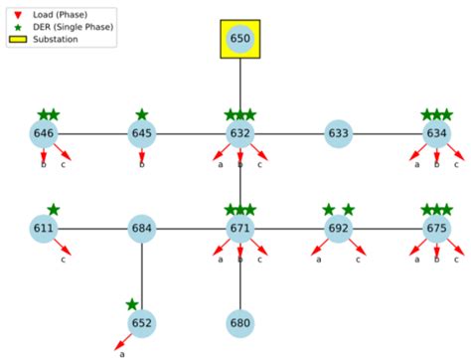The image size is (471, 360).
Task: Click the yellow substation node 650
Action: (x=240, y=39)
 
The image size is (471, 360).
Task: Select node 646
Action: (x=45, y=133)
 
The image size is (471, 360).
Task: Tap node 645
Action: (x=142, y=133)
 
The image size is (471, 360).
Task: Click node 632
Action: (x=240, y=133)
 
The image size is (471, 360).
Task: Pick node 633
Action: (x=339, y=133)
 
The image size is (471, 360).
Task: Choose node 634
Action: (x=436, y=133)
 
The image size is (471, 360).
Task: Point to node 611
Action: (x=45, y=228)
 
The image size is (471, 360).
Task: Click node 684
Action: (x=142, y=228)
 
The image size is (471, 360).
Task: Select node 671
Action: (x=240, y=228)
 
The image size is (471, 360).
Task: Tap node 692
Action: (x=339, y=228)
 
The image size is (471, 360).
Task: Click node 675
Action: (x=436, y=228)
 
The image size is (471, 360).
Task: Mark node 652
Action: (x=142, y=322)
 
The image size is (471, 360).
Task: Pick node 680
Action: (x=240, y=322)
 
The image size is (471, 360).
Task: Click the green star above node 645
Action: (x=142, y=114)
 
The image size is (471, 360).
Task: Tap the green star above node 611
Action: (x=54, y=209)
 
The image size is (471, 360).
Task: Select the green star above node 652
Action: (x=132, y=304)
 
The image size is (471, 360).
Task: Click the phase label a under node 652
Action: (x=122, y=353)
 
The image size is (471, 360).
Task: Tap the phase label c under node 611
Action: (x=65, y=260)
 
